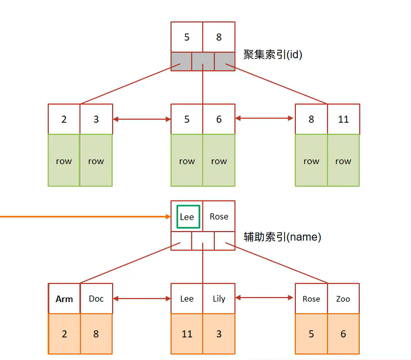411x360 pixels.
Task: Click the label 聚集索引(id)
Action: [x=273, y=55]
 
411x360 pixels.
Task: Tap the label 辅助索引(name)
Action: [x=282, y=237]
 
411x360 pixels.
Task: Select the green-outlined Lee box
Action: [x=188, y=216]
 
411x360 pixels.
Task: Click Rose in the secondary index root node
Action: [x=219, y=216]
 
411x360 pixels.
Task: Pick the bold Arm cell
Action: [x=64, y=299]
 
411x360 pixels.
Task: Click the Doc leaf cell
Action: [x=96, y=299]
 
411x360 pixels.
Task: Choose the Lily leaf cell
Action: [x=219, y=299]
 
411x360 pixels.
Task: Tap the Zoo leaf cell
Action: [x=343, y=299]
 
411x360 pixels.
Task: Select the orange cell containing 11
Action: [x=187, y=334]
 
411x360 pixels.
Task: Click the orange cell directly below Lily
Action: [x=219, y=334]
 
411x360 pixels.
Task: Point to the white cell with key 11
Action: [x=343, y=119]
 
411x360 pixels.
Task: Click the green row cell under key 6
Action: [x=219, y=161]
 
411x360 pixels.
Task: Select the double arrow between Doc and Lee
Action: [x=142, y=298]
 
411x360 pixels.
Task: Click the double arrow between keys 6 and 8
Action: [x=265, y=119]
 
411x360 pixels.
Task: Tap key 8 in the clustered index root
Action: [x=219, y=37]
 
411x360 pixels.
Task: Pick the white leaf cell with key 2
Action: [x=64, y=119]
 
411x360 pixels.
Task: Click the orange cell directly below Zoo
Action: [x=343, y=334]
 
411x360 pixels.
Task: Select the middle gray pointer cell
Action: [x=203, y=61]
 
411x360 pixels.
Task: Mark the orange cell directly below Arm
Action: [x=64, y=334]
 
